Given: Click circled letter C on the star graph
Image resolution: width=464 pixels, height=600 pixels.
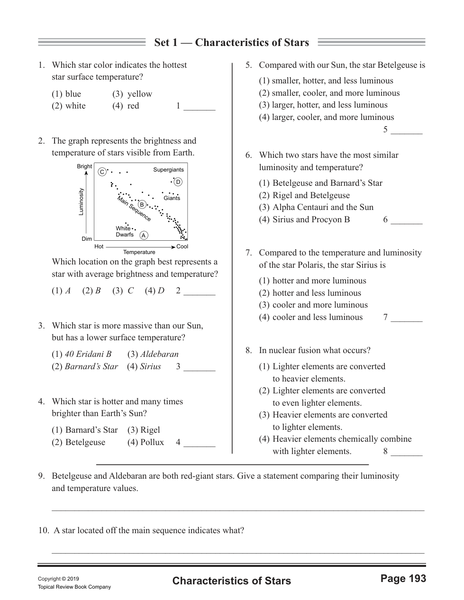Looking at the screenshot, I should tap(101, 172).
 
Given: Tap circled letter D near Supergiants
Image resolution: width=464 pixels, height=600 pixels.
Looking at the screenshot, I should tap(178, 182).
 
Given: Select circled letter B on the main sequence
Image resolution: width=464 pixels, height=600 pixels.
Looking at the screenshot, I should tap(141, 204).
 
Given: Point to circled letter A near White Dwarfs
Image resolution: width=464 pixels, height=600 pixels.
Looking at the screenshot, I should tap(144, 235).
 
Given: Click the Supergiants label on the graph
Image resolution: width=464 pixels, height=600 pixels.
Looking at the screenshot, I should tap(168, 170).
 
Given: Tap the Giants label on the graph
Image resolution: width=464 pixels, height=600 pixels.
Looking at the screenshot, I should tap(172, 198).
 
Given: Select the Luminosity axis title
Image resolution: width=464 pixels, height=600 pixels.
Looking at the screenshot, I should tap(81, 201).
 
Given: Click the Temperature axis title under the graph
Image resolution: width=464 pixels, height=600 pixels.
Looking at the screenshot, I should tap(139, 252).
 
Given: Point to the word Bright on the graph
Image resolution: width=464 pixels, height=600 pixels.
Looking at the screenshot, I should tap(84, 166).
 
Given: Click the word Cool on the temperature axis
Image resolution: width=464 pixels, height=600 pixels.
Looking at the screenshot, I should tap(182, 246).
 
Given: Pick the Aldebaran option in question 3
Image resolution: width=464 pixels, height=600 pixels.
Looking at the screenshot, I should tap(159, 354).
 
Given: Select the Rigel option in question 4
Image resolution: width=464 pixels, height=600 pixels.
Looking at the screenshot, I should tap(150, 430).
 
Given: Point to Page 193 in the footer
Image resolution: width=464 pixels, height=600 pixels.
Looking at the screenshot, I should tap(403, 578).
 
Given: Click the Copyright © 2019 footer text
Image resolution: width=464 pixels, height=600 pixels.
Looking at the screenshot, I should tap(58, 579).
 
